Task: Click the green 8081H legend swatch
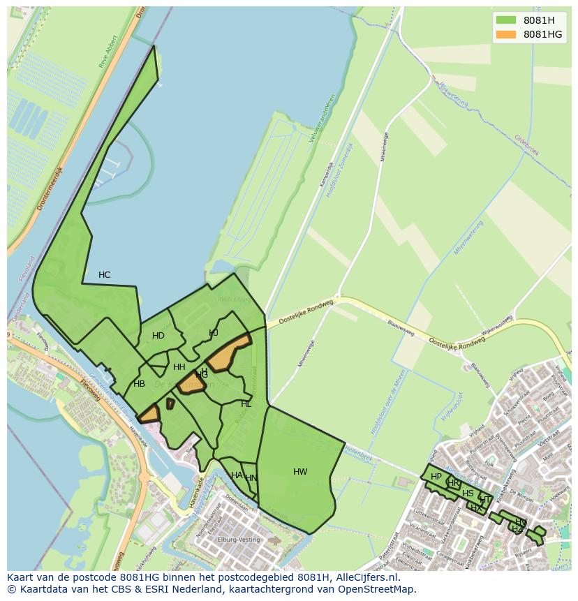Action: click(505, 20)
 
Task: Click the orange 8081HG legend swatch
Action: click(505, 34)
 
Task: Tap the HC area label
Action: click(104, 275)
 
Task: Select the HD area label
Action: click(158, 336)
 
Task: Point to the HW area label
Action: click(300, 472)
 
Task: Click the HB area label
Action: click(140, 384)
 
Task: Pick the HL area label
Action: click(246, 404)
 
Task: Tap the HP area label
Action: click(436, 477)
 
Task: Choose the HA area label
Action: click(237, 475)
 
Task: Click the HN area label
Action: click(251, 478)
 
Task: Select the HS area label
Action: click(468, 494)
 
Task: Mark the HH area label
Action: click(179, 367)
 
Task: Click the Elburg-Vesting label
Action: click(239, 540)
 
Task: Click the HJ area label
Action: click(214, 333)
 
